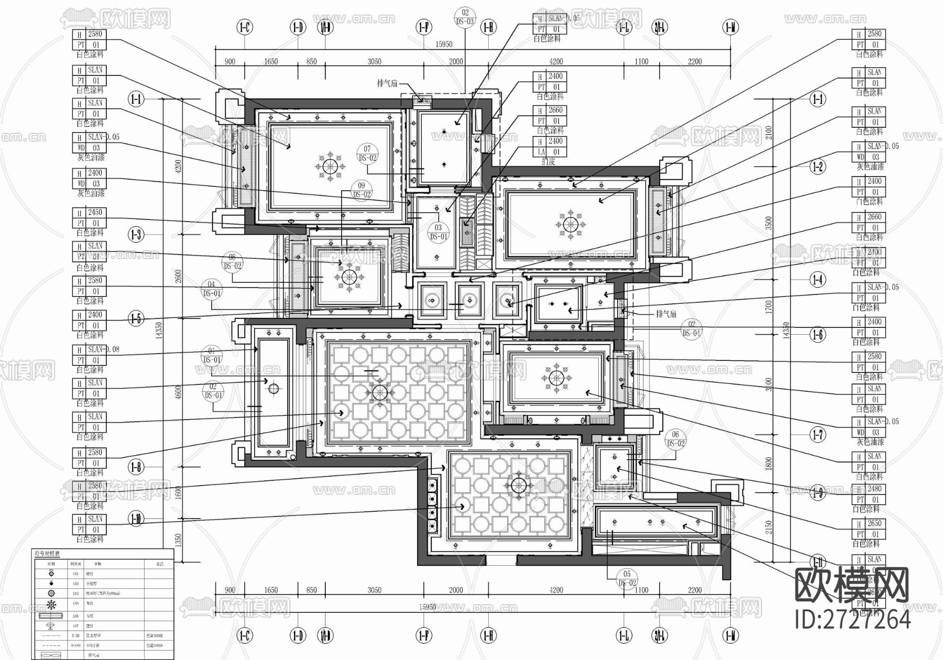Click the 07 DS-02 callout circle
click(367, 153)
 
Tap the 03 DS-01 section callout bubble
click(438, 232)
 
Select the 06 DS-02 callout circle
click(675, 438)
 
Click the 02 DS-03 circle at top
click(465, 17)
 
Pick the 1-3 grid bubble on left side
click(136, 234)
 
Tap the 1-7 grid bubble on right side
click(817, 434)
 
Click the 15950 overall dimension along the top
click(444, 45)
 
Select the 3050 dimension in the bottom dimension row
click(374, 590)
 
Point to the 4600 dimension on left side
click(178, 393)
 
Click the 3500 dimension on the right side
click(769, 224)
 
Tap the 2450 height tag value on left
click(95, 213)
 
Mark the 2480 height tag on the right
click(874, 489)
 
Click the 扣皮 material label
click(548, 162)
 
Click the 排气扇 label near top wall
click(387, 83)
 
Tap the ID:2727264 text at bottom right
click(852, 620)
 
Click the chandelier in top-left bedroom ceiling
click(330, 167)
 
